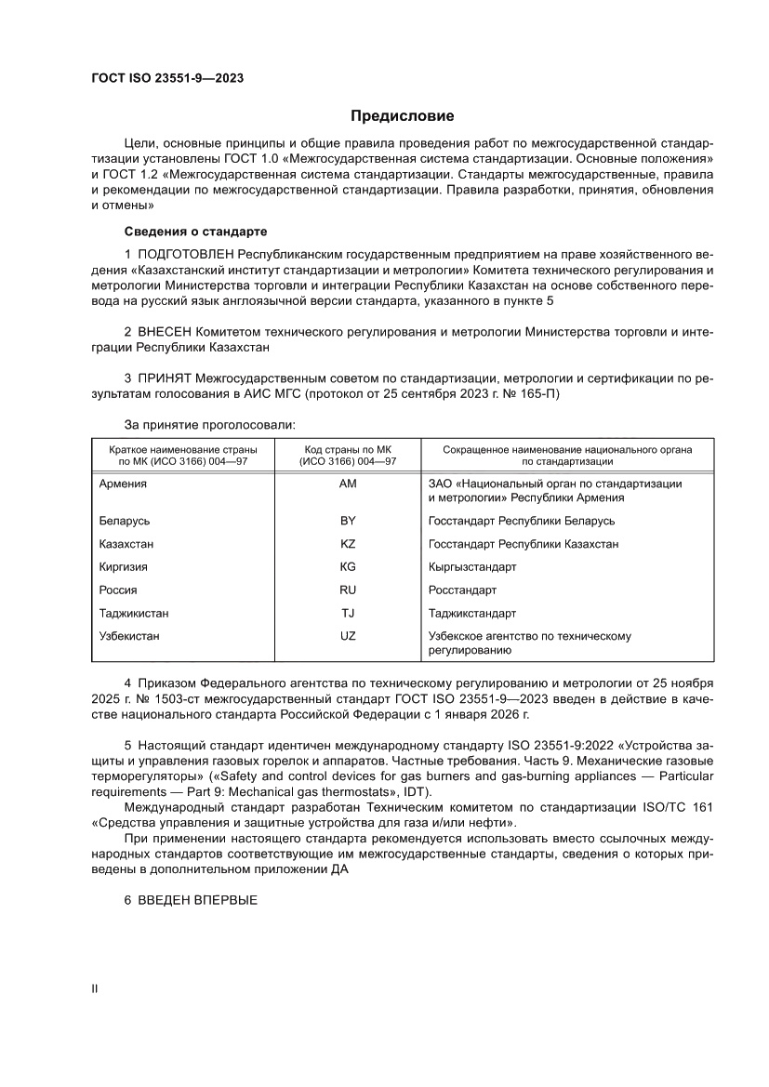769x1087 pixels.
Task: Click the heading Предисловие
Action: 402,116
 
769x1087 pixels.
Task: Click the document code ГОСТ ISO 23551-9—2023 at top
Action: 167,78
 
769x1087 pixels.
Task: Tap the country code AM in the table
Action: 349,484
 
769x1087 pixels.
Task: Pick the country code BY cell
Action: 349,521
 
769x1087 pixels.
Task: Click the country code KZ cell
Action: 349,544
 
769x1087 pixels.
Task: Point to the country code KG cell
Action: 349,566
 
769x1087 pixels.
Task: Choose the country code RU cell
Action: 349,590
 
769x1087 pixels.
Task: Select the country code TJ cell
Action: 349,613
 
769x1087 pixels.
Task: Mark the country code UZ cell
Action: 349,636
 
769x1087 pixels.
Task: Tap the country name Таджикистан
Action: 134,613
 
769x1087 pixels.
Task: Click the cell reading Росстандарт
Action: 462,590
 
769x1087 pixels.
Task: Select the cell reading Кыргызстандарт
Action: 472,566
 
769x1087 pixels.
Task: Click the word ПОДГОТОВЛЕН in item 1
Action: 186,253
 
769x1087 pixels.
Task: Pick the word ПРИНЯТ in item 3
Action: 166,379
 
